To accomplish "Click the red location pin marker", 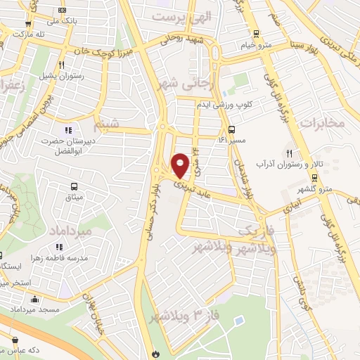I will pyautogui.click(x=181, y=164).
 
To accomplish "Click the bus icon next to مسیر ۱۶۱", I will pyautogui.click(x=231, y=129).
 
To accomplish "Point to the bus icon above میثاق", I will pyautogui.click(x=74, y=186).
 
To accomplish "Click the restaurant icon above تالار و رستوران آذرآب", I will pyautogui.click(x=289, y=153).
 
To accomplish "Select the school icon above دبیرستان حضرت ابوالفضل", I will pyautogui.click(x=68, y=129).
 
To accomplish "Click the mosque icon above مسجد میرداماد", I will pyautogui.click(x=34, y=300).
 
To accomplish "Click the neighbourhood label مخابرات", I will pyautogui.click(x=324, y=122).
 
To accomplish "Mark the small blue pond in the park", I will pyautogui.click(x=240, y=320).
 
